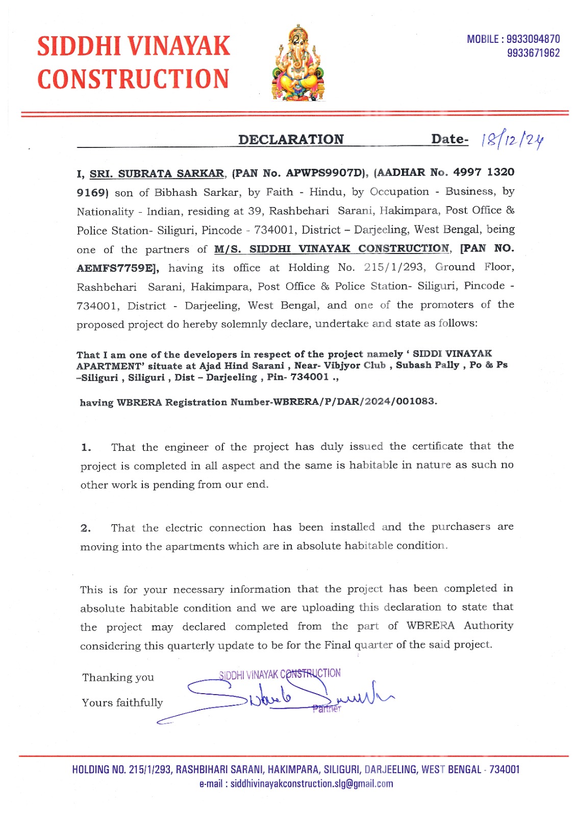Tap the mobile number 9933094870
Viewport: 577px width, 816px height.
[x=533, y=39]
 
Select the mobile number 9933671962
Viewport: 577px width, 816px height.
[x=533, y=53]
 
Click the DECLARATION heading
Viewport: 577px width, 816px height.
[x=291, y=140]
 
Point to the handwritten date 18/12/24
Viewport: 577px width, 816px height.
[x=511, y=139]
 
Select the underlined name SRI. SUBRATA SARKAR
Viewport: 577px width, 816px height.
[x=157, y=174]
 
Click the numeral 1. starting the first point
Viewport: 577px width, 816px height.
[x=86, y=448]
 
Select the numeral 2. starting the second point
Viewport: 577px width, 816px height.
[x=86, y=528]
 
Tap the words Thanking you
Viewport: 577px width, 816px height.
[x=118, y=677]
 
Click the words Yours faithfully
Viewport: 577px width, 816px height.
[x=122, y=703]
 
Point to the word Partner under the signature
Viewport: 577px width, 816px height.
[x=327, y=708]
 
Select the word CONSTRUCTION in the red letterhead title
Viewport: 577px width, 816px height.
[x=133, y=79]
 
